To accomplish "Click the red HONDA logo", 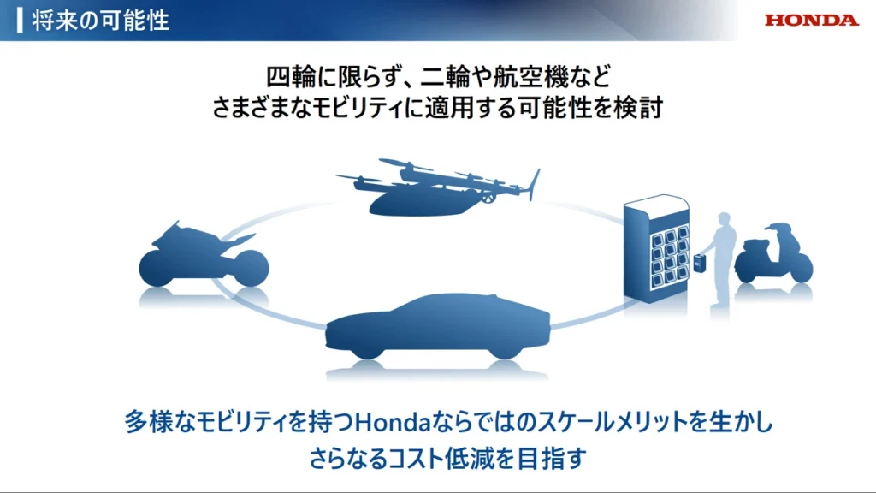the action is point(812,21).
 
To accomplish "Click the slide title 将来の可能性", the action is point(101,21).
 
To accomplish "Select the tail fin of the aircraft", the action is point(534,185).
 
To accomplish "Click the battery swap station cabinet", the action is point(656,249).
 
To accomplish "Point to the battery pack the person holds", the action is point(699,263).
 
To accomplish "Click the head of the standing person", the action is point(724,219).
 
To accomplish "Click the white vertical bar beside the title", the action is point(21,21).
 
